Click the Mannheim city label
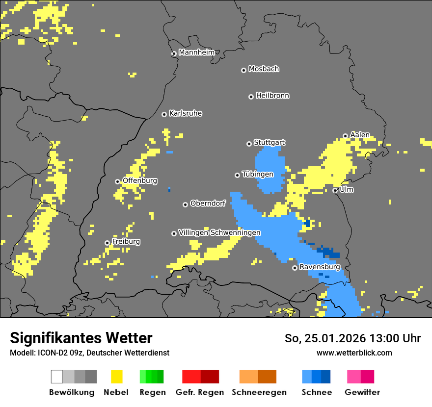click(x=196, y=52)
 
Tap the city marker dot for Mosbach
click(x=243, y=70)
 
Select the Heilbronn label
click(x=272, y=96)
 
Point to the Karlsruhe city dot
click(x=164, y=114)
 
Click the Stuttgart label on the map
click(x=269, y=143)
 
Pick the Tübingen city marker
click(x=238, y=175)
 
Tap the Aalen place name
click(x=360, y=135)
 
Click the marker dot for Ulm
click(x=335, y=190)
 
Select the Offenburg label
click(x=140, y=180)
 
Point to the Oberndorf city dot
click(x=185, y=204)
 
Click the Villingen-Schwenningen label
click(x=219, y=232)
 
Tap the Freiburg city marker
click(x=107, y=243)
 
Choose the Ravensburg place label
click(x=320, y=267)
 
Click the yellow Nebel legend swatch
click(x=117, y=377)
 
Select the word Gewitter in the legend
click(x=362, y=392)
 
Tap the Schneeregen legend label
click(x=259, y=392)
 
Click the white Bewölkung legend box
click(x=57, y=377)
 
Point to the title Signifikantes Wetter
click(x=81, y=338)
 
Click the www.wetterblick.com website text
click(x=354, y=353)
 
